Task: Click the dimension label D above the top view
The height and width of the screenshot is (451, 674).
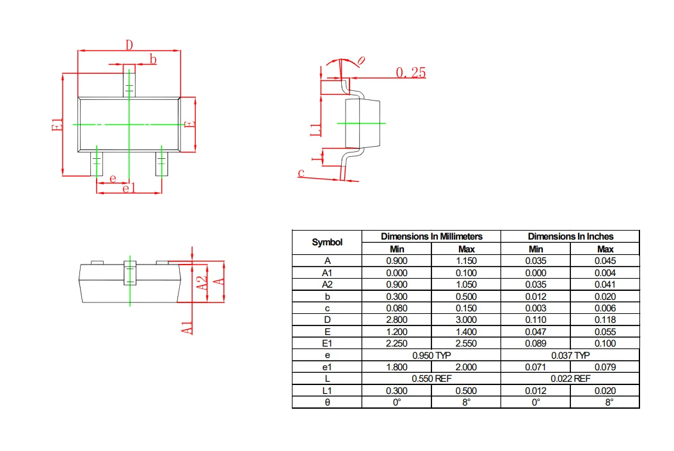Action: (x=129, y=45)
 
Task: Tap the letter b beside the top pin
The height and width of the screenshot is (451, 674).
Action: (x=153, y=59)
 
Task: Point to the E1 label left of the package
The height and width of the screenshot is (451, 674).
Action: (x=58, y=125)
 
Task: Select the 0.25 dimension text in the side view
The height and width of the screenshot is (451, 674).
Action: (x=410, y=72)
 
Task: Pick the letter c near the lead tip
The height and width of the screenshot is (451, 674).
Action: (x=301, y=172)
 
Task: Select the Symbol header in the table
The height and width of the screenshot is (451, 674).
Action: (x=327, y=242)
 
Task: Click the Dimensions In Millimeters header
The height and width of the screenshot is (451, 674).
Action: (x=431, y=236)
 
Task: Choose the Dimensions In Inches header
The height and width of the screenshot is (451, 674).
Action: (x=570, y=236)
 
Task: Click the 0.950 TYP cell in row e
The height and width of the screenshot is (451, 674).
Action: (x=431, y=355)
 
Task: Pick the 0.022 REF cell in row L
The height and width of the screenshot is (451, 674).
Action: (x=570, y=379)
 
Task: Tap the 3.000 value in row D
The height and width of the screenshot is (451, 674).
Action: (x=466, y=320)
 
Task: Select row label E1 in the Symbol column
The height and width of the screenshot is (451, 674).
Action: (x=327, y=343)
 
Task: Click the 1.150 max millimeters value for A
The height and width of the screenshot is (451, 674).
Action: (x=466, y=261)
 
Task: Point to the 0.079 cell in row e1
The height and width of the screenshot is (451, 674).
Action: (x=605, y=367)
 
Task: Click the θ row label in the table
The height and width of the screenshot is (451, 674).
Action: (x=327, y=402)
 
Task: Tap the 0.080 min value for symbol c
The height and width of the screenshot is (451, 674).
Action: (x=397, y=308)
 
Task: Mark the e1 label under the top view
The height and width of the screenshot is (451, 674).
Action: (x=129, y=188)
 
